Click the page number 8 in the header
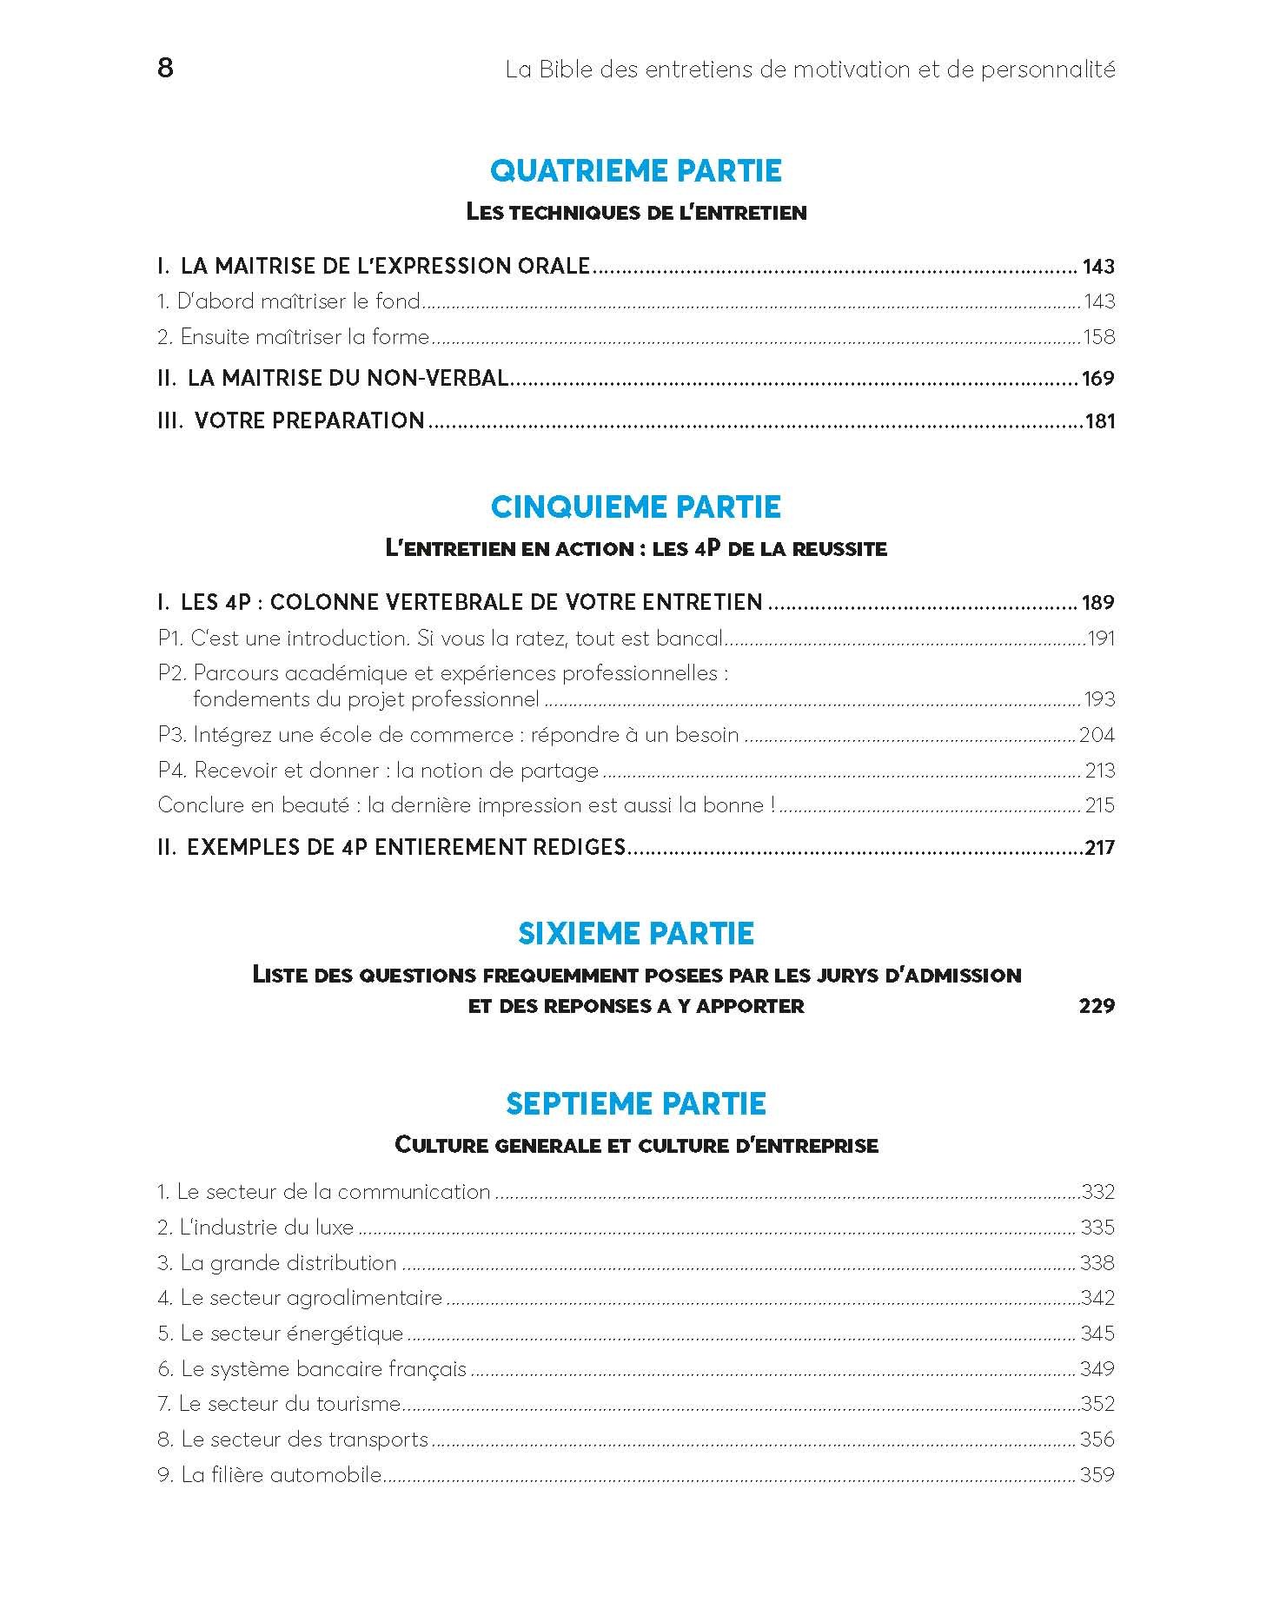pyautogui.click(x=165, y=68)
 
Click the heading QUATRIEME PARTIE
pyautogui.click(x=636, y=170)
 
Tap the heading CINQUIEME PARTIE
pyautogui.click(x=636, y=506)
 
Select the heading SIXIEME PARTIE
pyautogui.click(x=636, y=933)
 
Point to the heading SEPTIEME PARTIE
pyautogui.click(x=636, y=1103)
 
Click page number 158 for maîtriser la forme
pyautogui.click(x=1098, y=337)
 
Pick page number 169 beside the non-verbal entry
pyautogui.click(x=1098, y=379)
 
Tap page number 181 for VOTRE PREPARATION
pyautogui.click(x=1100, y=421)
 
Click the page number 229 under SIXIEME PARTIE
pyautogui.click(x=1097, y=1006)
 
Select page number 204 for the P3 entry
pyautogui.click(x=1097, y=735)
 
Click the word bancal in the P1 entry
pyautogui.click(x=689, y=639)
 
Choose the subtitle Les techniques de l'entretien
pyautogui.click(x=636, y=212)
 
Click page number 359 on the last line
pyautogui.click(x=1097, y=1475)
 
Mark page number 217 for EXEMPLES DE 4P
pyautogui.click(x=1099, y=848)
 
